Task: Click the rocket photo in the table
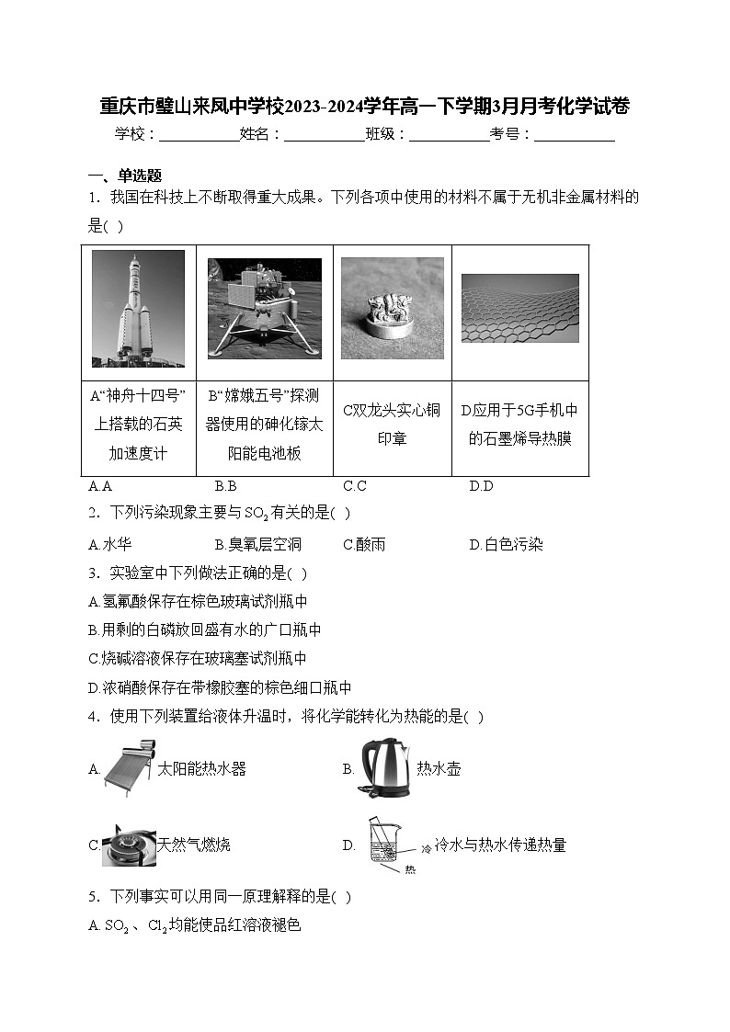pyautogui.click(x=138, y=309)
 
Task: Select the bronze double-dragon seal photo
pyautogui.click(x=392, y=307)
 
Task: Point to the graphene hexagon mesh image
pyautogui.click(x=519, y=308)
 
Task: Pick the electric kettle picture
pyautogui.click(x=383, y=767)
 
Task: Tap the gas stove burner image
pyautogui.click(x=128, y=844)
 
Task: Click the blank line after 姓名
pyautogui.click(x=325, y=134)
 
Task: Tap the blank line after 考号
pyautogui.click(x=574, y=134)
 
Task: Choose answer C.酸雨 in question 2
pyautogui.click(x=364, y=544)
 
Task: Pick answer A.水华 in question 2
pyautogui.click(x=109, y=544)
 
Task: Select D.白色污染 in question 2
pyautogui.click(x=506, y=544)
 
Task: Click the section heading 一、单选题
pyautogui.click(x=124, y=176)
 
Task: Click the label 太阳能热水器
pyautogui.click(x=201, y=768)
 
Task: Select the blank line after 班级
pyautogui.click(x=449, y=134)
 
